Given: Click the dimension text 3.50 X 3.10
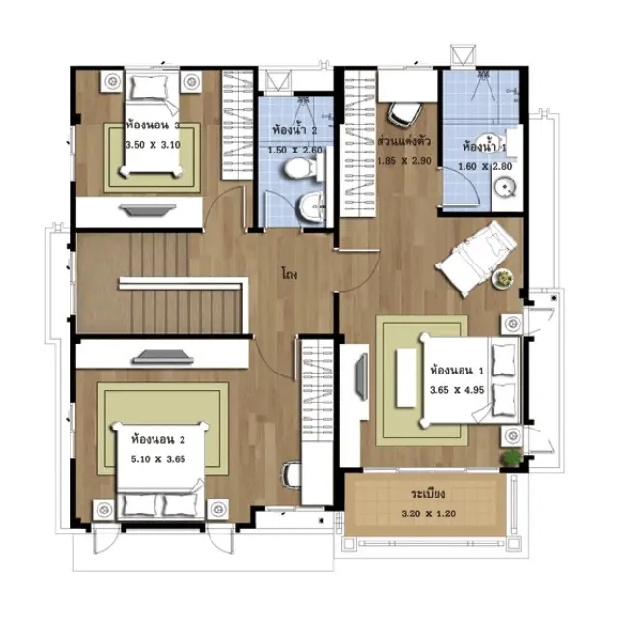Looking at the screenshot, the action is coord(153,145).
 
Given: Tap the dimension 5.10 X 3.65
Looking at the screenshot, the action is coord(158,459).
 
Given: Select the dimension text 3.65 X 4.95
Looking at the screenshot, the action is coord(457,390).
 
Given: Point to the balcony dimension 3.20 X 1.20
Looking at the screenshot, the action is coord(429,513).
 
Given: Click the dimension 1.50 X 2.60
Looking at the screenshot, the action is coord(295,151).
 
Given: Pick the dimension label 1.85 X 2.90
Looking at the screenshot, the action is coord(404,161).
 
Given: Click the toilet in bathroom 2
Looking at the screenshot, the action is coord(300,169).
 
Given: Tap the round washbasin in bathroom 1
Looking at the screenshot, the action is coord(505,187).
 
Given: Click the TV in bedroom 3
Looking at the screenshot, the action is coord(147,209).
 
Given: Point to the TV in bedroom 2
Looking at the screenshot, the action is coord(163,357).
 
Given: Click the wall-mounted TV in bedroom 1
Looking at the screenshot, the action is coord(361,376).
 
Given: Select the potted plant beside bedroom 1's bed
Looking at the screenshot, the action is coord(511,458).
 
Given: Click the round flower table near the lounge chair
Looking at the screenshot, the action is coord(503,280).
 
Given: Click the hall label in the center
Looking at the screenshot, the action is coord(290,274).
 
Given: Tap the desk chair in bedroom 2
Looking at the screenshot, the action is coord(292,475).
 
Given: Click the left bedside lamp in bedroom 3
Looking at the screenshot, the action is coord(112,81).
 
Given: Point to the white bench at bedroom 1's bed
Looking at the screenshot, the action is coord(406,378).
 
